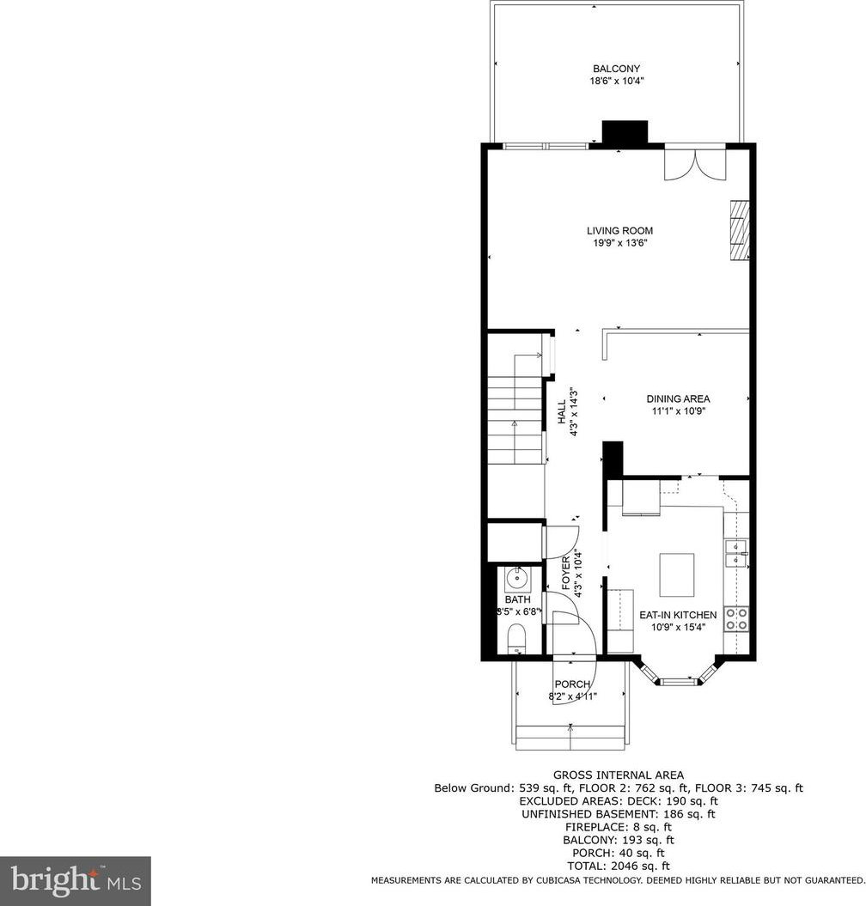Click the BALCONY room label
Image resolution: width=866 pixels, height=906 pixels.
coord(616,69)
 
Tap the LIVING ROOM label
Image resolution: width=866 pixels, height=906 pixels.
coord(619,230)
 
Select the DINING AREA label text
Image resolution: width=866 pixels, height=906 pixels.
coord(678,398)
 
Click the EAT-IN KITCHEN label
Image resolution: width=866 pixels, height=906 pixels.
coord(678,615)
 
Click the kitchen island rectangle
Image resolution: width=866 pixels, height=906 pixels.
coord(677,575)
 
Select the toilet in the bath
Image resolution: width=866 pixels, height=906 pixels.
coord(516,640)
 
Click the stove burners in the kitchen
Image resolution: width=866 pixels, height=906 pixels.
coord(737,618)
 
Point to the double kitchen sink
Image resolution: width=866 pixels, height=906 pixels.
coord(736,553)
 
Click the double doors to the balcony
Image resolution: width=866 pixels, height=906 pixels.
coord(694,162)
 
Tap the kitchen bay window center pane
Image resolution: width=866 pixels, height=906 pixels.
coord(678,682)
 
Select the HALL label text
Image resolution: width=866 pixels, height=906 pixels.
coord(562,412)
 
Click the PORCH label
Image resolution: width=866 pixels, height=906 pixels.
coord(572,684)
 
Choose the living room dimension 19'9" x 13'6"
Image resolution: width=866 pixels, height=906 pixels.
coord(619,243)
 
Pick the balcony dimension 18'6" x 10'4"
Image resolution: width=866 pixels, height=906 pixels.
coord(616,82)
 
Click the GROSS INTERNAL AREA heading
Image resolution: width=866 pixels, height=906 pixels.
coord(619,775)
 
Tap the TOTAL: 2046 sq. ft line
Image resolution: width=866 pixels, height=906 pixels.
coord(619,866)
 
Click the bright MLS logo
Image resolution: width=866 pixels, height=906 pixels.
coord(76,880)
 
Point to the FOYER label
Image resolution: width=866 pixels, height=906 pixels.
coord(566,573)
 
